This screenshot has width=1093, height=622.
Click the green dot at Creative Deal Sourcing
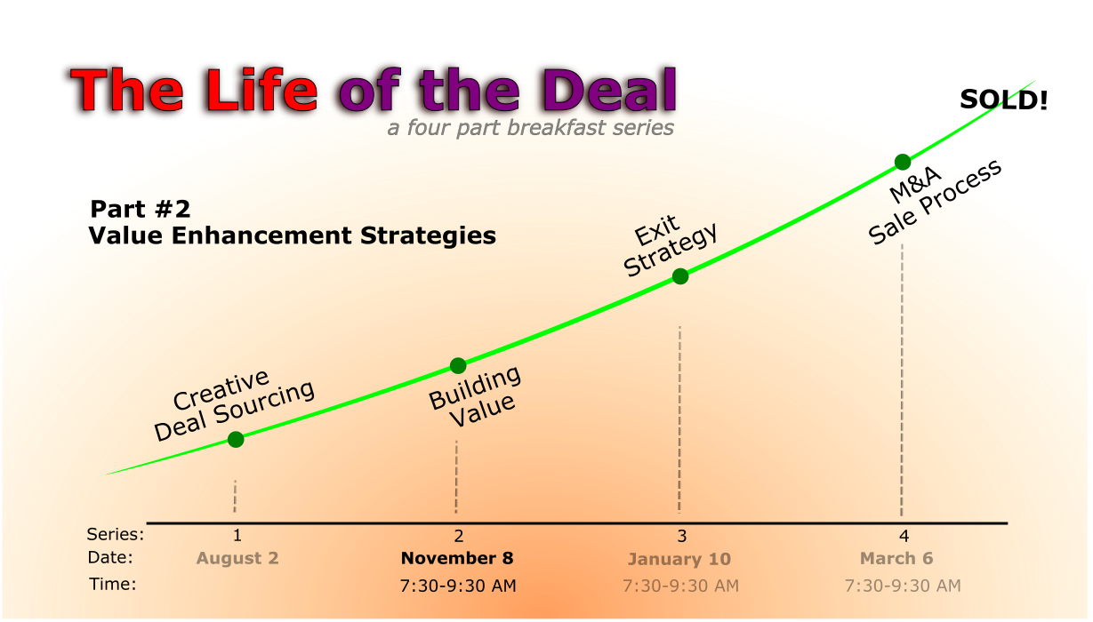(x=236, y=440)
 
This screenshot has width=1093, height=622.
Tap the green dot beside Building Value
(x=458, y=365)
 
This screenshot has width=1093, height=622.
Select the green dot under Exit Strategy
(x=680, y=277)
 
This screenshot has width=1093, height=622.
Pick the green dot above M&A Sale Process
(x=903, y=162)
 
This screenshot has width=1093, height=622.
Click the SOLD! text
(x=1004, y=100)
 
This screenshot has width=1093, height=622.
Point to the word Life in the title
(x=262, y=90)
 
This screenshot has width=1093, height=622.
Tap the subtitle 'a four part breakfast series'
(x=530, y=128)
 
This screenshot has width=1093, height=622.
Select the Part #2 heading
(x=141, y=209)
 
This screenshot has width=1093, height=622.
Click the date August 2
(x=237, y=558)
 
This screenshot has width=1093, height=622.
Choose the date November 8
(x=457, y=558)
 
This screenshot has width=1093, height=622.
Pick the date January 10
(x=679, y=559)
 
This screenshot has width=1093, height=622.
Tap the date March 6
(x=896, y=558)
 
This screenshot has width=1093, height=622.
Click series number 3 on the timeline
(x=682, y=537)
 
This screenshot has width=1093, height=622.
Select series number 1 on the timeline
(x=237, y=536)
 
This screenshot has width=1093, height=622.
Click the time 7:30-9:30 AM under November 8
(x=458, y=586)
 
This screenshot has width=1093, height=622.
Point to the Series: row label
(x=116, y=535)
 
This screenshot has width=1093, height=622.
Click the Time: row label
(x=113, y=584)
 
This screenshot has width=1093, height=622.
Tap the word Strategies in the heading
(x=428, y=236)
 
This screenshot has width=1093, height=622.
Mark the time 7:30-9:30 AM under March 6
(x=903, y=586)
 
